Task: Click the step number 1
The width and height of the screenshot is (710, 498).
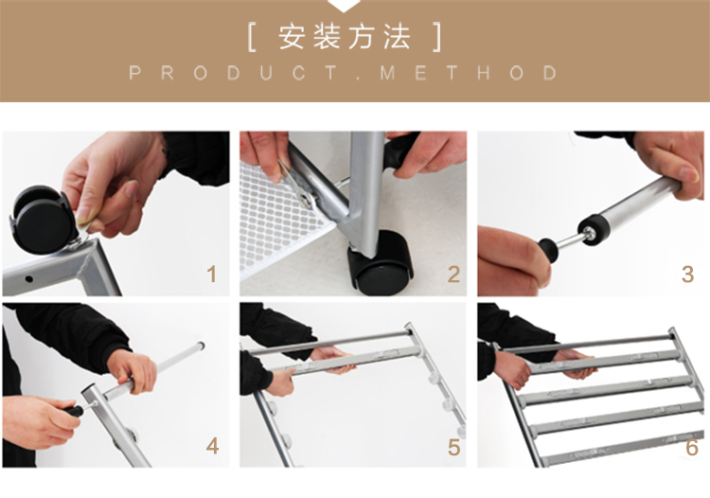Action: [x=211, y=275]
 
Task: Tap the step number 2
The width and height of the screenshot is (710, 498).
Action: [x=453, y=275]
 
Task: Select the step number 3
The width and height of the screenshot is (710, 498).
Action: [x=687, y=275]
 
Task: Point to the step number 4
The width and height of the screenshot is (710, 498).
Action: [x=212, y=446]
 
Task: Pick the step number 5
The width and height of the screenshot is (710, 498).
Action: [x=453, y=447]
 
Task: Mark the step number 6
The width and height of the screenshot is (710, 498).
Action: [x=692, y=447]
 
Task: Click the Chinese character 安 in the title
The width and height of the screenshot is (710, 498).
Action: [x=292, y=37]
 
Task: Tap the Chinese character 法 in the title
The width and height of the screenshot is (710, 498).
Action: [x=397, y=37]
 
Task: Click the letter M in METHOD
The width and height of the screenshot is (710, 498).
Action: [x=387, y=73]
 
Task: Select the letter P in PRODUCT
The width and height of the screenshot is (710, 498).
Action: [x=134, y=73]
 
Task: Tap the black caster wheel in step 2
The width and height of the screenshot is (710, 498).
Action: [x=381, y=262]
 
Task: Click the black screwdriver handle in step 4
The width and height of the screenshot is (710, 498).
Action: [x=73, y=412]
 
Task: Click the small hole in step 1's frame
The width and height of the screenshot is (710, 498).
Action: [x=28, y=279]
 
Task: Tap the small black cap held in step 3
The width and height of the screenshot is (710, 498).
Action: [x=548, y=250]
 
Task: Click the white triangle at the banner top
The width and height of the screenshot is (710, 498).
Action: [x=345, y=6]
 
